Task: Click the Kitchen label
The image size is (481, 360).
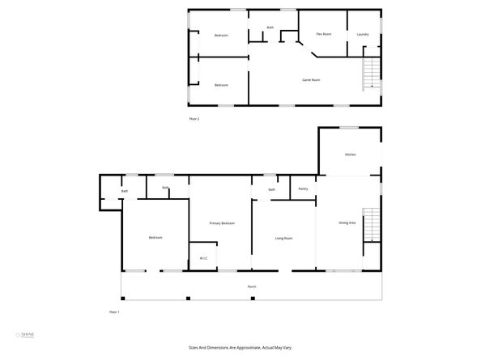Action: point(351,155)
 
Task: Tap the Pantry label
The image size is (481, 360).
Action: point(303,188)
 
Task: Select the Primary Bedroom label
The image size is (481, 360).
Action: point(222,222)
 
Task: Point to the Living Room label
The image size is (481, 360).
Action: point(283,238)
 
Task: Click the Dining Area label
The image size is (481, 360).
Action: point(347,222)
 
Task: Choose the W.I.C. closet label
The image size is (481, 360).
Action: point(204,259)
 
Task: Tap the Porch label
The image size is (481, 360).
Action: point(252,287)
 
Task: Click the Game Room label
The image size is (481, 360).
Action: point(312,79)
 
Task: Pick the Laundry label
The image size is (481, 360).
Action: point(363,34)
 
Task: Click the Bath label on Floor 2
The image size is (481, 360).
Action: point(270,28)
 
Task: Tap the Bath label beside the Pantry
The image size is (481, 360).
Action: point(272,189)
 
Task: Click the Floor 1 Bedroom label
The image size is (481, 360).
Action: point(155,237)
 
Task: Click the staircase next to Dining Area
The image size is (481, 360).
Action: point(370,224)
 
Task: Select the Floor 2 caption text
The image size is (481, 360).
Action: point(194,119)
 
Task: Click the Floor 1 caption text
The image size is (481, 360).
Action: point(114,311)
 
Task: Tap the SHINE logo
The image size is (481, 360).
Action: point(29,334)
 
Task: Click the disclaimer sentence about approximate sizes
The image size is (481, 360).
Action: point(240,348)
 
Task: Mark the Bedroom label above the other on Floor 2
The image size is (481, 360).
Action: point(221,36)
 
